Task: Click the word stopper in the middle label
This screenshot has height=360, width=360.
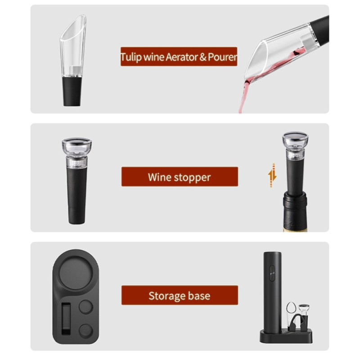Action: [191, 177]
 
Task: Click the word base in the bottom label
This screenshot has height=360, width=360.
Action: [200, 296]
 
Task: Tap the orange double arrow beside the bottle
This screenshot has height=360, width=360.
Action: [272, 175]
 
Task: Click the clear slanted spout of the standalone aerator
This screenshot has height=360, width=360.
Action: [72, 45]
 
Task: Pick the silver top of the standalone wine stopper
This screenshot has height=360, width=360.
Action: [76, 145]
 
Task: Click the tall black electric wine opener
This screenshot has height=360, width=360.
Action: [272, 288]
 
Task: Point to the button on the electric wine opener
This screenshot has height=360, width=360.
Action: [271, 272]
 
